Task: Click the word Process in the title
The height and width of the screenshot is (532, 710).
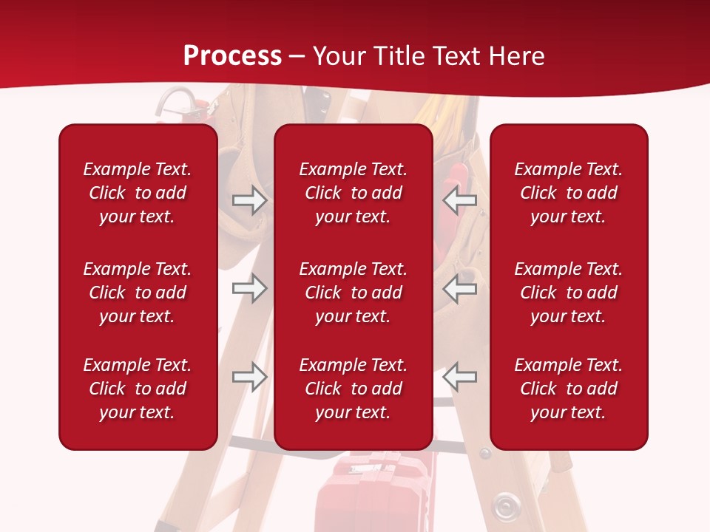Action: coord(232,56)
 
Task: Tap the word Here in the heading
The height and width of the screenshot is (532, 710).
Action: coord(513,56)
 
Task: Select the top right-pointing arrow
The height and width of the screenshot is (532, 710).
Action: coord(249,199)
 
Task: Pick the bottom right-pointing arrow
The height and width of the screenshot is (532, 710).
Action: coord(249,376)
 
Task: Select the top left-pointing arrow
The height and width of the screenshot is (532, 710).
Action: coord(459,199)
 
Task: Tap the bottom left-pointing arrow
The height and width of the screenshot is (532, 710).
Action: coord(459,376)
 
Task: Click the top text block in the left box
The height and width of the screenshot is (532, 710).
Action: coord(138,193)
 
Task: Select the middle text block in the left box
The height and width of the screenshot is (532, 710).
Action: coord(138,293)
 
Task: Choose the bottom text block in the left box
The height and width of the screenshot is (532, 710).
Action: coord(138,389)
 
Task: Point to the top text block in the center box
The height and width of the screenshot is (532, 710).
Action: coord(354,193)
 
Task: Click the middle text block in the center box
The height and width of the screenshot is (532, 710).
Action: coord(354,293)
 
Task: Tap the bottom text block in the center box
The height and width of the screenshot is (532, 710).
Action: coord(354,389)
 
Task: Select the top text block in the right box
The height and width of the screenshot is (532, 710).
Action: coord(569,193)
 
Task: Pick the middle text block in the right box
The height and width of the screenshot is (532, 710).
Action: coord(569,293)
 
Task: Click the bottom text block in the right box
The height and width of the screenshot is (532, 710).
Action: coord(569,389)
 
